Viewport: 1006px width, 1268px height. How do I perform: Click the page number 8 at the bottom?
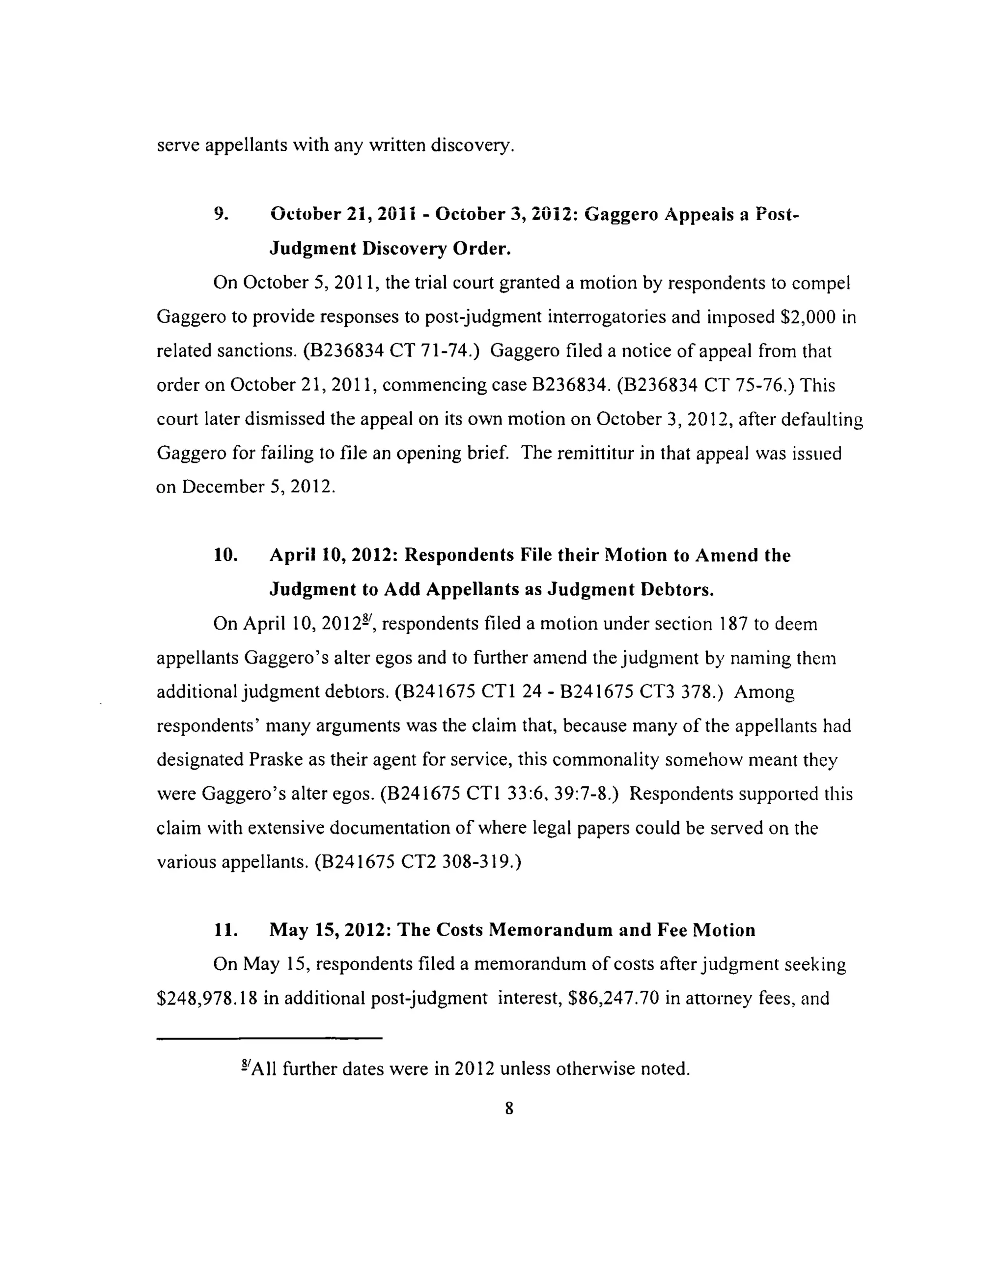(508, 1109)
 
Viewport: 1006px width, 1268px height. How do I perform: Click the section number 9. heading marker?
(221, 214)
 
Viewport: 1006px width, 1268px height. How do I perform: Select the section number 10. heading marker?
(225, 555)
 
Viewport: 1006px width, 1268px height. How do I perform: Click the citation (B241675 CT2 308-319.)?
(418, 862)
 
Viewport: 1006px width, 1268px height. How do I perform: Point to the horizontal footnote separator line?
(269, 1038)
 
